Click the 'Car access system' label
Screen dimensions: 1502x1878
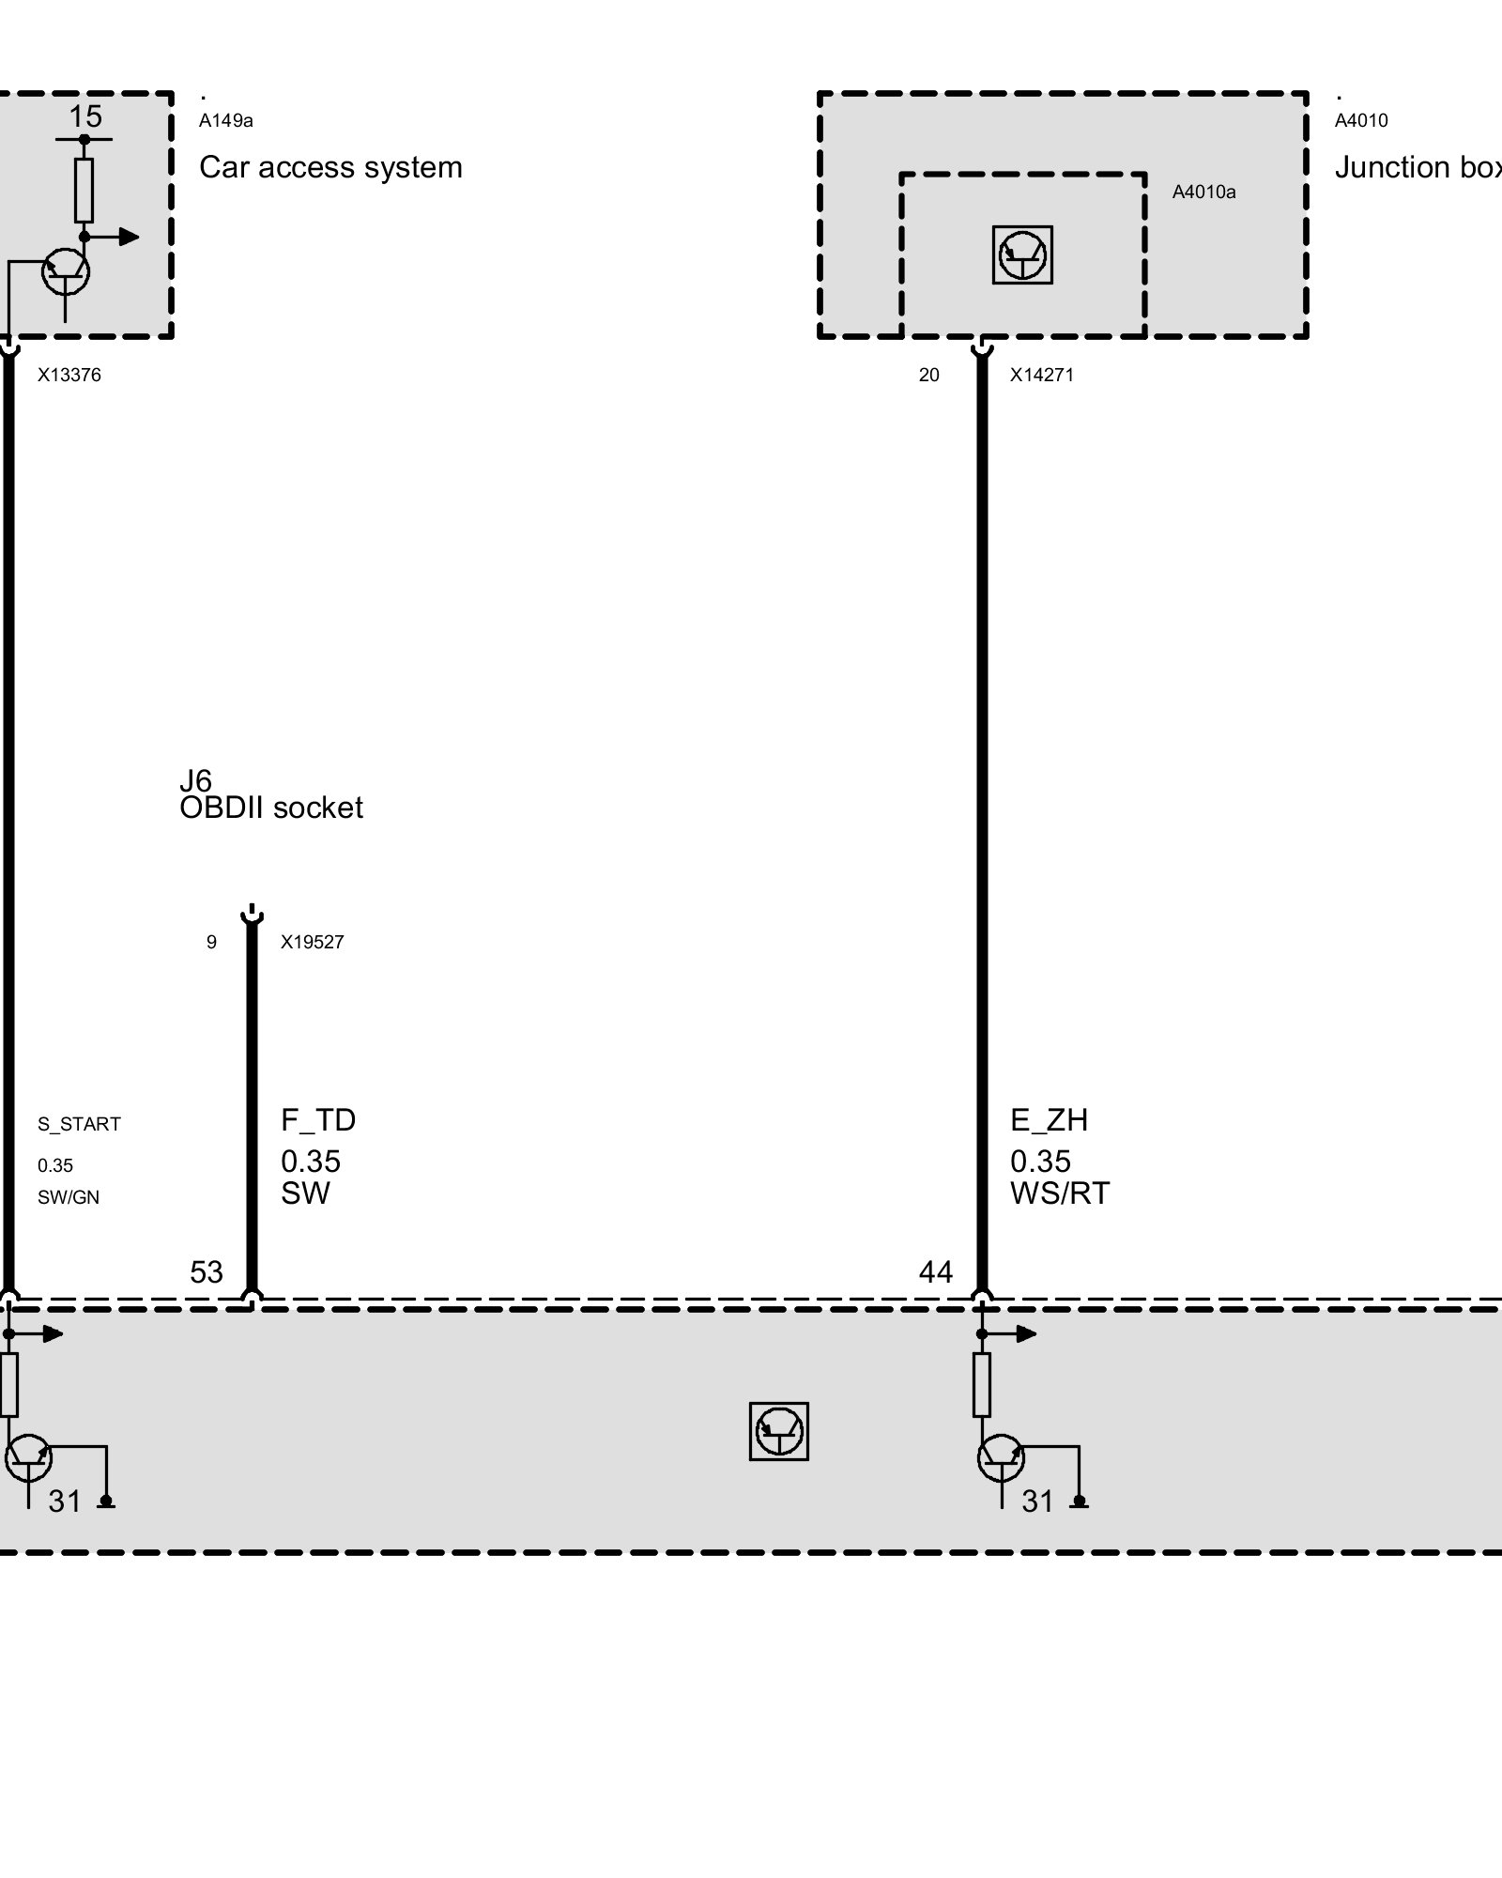pos(330,167)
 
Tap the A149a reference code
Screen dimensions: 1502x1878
pos(226,120)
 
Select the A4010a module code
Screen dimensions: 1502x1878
pos(1203,192)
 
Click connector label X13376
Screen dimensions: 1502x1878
pos(69,375)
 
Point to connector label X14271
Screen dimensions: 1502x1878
pos(1042,375)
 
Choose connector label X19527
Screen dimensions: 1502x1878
pos(313,942)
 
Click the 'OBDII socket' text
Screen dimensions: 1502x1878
pos(271,808)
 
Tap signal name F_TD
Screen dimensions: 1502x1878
pos(318,1119)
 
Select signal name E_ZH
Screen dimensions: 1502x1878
pos(1049,1119)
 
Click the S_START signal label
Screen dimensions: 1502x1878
pos(79,1124)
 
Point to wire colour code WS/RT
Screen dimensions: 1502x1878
pos(1060,1193)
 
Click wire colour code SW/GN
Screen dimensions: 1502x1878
pos(69,1197)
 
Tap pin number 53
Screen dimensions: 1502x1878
pos(207,1271)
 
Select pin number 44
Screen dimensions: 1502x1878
pos(936,1271)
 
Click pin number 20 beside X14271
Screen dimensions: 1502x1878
pos(928,375)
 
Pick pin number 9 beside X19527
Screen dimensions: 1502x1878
pos(211,942)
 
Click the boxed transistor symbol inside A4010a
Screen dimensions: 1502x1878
pos(1022,254)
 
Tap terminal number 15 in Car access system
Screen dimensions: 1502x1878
pos(84,116)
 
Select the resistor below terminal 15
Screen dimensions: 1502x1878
pos(84,190)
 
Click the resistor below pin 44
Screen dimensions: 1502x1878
pos(982,1385)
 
